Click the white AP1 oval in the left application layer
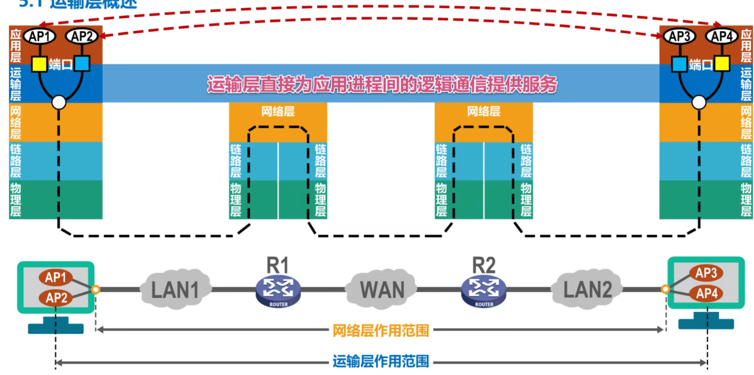click(x=40, y=37)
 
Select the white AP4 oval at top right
click(x=722, y=37)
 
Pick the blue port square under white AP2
click(x=82, y=63)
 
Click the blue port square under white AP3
click(x=679, y=64)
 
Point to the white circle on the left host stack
click(x=59, y=102)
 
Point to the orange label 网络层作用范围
click(x=381, y=331)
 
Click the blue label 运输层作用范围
click(x=381, y=361)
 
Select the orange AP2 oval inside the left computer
click(x=56, y=298)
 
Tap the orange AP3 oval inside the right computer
click(x=706, y=273)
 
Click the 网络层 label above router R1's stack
click(x=278, y=112)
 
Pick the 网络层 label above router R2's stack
click(x=483, y=112)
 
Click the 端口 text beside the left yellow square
click(x=61, y=65)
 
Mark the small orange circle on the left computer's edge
click(x=96, y=289)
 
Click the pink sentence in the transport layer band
click(x=382, y=84)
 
